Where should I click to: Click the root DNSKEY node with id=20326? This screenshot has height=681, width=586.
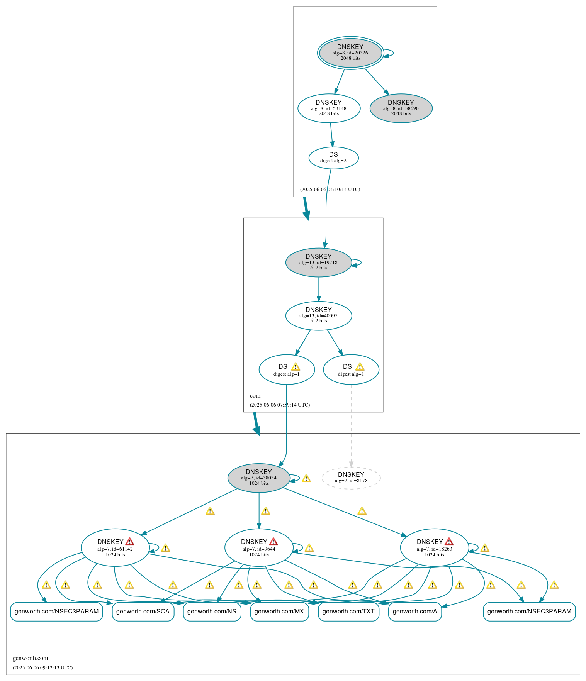click(x=350, y=53)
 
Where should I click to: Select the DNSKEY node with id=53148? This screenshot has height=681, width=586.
click(x=329, y=108)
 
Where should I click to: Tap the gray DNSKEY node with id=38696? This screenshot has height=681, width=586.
click(x=401, y=108)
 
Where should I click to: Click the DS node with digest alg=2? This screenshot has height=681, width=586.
click(x=333, y=158)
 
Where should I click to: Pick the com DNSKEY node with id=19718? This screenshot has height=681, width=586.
click(x=318, y=262)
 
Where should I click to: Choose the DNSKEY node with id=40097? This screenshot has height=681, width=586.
click(x=318, y=315)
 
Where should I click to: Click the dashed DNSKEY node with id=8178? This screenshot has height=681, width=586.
click(x=351, y=478)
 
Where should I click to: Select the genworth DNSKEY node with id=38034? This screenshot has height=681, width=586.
click(x=258, y=478)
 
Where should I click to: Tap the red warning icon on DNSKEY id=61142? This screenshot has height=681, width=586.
click(x=130, y=541)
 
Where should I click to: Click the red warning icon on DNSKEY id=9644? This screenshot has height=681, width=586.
click(x=273, y=541)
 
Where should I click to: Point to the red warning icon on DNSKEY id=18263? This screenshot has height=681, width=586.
click(x=449, y=541)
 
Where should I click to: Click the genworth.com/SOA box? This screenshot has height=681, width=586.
click(x=143, y=611)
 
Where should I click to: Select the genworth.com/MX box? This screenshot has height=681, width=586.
click(x=279, y=611)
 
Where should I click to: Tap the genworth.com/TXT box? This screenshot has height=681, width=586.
click(x=348, y=611)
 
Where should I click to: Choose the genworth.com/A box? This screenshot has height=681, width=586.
click(x=415, y=611)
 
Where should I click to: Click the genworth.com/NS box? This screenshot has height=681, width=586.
click(x=212, y=611)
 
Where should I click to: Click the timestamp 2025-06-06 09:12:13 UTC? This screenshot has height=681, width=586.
click(x=42, y=667)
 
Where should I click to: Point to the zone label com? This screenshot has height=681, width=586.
click(x=255, y=396)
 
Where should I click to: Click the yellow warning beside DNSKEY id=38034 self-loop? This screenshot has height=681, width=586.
click(x=306, y=478)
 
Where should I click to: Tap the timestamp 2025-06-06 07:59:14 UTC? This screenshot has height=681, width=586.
click(x=280, y=405)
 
